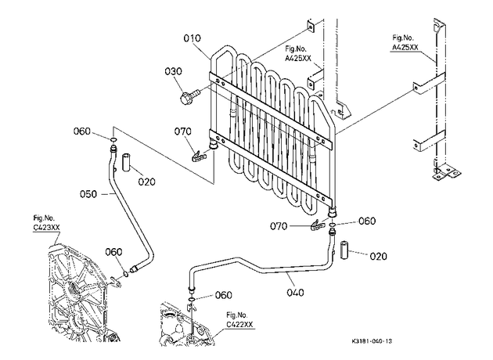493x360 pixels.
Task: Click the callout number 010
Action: pos(192,38)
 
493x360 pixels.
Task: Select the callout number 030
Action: pos(173,71)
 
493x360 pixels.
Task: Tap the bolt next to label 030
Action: pos(189,95)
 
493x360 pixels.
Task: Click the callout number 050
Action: pos(88,194)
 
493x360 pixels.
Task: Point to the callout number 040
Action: pos(295,293)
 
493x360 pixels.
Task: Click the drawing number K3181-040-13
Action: pos(372,341)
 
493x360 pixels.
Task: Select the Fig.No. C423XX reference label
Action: pos(46,222)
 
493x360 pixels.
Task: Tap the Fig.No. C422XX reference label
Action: pos(239,320)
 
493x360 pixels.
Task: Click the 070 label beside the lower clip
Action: pos(279,226)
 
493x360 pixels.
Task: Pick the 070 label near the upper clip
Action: pos(182,131)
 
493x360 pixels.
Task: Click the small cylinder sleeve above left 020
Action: pos(127,162)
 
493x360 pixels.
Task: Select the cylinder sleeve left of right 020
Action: pos(344,250)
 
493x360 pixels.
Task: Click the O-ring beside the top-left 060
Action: pos(113,139)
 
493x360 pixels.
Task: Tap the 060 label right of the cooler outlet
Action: pos(367,221)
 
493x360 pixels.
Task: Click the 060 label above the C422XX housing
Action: pos(223,295)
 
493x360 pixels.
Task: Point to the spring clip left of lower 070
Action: pos(318,225)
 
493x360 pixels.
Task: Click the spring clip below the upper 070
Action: pos(200,155)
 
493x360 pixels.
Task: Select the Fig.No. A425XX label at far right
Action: pos(405,42)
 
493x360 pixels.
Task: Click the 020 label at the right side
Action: pos(378,256)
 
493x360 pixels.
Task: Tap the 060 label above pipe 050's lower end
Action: pos(113,252)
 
